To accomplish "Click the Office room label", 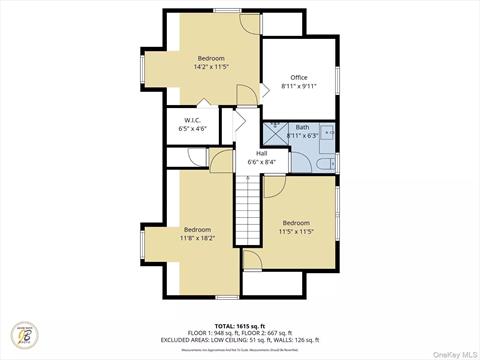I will tap(299, 77).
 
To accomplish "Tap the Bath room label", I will tap(302, 127).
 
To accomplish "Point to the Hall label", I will tap(261, 153).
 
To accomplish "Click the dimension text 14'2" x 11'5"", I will tap(211, 67).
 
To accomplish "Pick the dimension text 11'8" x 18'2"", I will tap(196, 238).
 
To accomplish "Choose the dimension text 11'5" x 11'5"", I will tap(297, 231).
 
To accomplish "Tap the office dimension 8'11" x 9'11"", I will tap(299, 86).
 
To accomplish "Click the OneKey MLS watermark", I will tap(454, 351).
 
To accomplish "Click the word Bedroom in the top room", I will tap(211, 58).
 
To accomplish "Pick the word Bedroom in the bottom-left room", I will tap(196, 229).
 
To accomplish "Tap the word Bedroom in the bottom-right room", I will tap(297, 222).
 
